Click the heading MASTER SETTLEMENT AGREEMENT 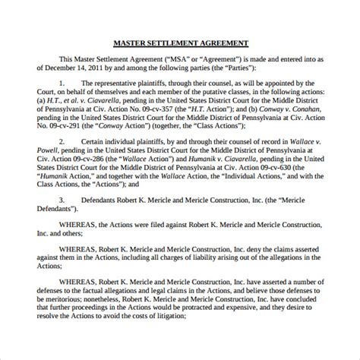(179, 43)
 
